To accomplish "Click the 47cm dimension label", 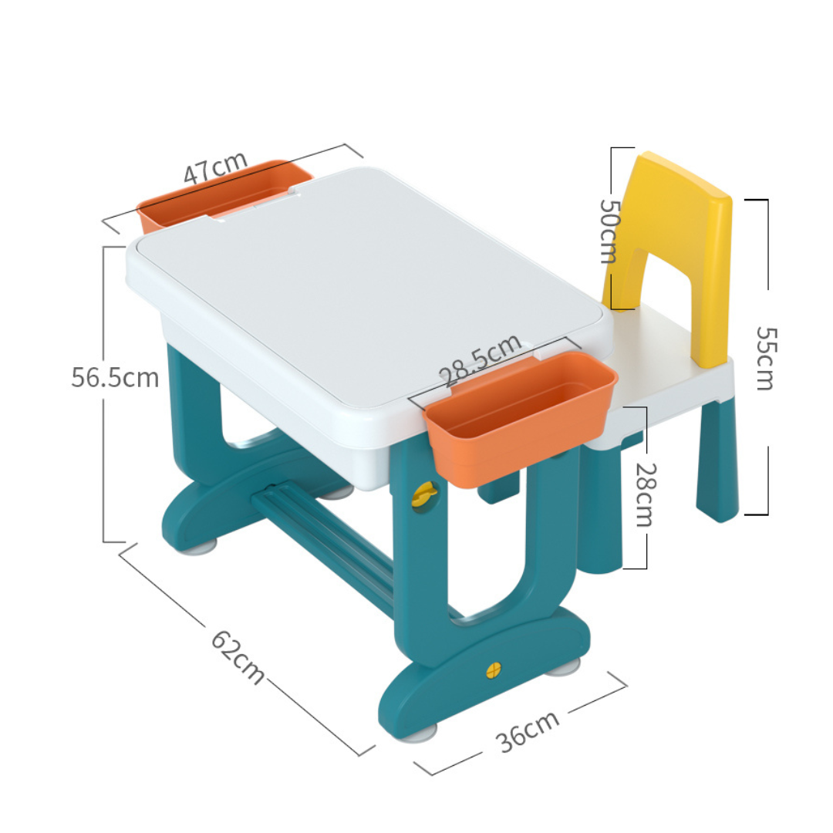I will pos(216,167).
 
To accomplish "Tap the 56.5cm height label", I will pos(116,378).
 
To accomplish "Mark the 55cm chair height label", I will pos(765,358).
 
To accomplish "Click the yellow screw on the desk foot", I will pos(494,669).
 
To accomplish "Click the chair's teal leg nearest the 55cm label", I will pos(717,463).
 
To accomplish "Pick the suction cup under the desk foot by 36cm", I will pos(420,730).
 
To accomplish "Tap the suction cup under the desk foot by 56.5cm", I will pos(199,547).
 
